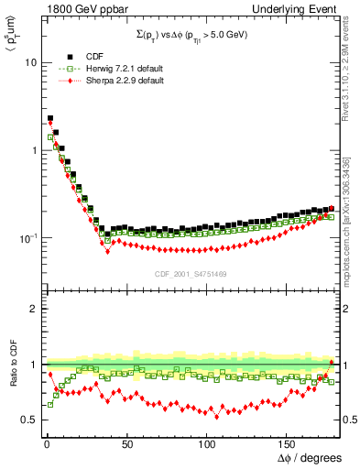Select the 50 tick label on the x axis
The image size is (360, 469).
(127, 442)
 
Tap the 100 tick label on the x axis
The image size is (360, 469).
(208, 442)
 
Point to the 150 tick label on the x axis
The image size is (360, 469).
(289, 442)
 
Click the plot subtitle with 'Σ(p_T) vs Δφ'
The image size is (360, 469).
(192, 34)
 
